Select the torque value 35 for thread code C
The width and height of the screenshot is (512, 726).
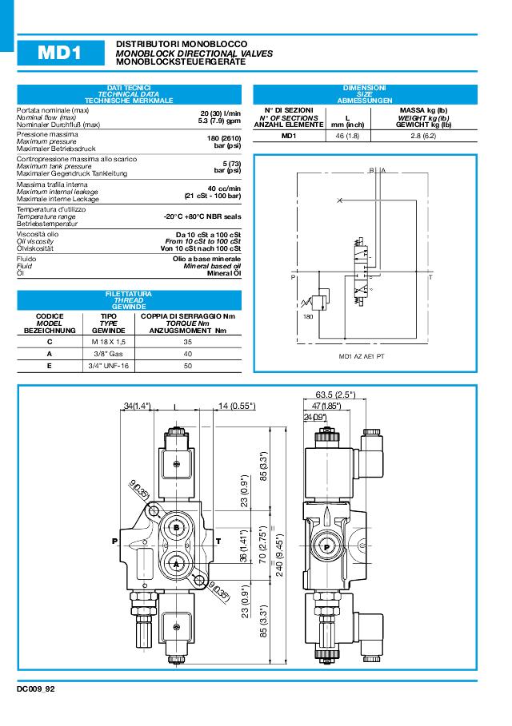click(188, 341)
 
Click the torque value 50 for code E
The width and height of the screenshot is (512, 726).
click(188, 365)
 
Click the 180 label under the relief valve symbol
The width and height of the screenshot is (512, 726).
click(308, 317)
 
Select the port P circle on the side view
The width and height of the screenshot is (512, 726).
click(327, 546)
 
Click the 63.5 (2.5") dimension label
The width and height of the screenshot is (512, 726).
click(335, 395)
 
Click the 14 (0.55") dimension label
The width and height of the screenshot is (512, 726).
click(236, 406)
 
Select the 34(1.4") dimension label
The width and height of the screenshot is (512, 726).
click(138, 406)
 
